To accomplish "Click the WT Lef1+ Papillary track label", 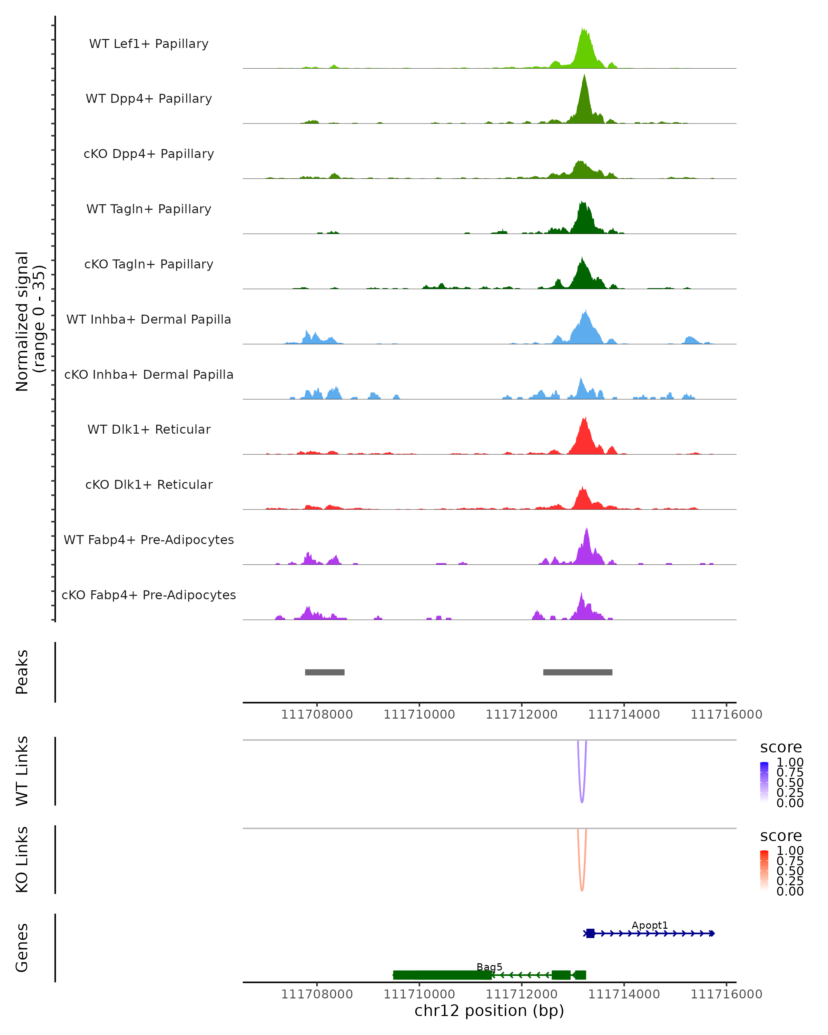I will (149, 44).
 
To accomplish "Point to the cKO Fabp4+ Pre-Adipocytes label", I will (149, 595).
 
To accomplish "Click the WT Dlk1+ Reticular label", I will (149, 429).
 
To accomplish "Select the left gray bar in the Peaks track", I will (325, 672).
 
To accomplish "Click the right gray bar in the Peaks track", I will (578, 672).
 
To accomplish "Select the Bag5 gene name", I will (489, 967).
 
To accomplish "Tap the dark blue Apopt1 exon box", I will (590, 933).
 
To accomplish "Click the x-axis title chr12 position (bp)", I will (489, 1011).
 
